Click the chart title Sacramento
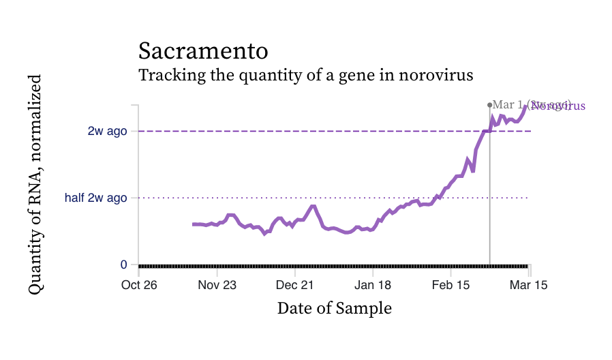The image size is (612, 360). [x=202, y=51]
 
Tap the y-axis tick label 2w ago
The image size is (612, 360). [x=108, y=131]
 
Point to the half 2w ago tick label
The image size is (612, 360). [x=96, y=198]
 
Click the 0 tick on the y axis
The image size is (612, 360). [x=123, y=265]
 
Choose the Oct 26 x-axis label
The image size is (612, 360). [x=140, y=284]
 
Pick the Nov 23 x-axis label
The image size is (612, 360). [x=217, y=284]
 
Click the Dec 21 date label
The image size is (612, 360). [x=296, y=284]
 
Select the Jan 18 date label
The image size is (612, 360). [x=373, y=284]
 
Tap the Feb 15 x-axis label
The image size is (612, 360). [x=451, y=284]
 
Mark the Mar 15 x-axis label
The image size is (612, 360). [x=529, y=284]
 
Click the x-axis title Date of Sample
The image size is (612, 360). [x=334, y=308]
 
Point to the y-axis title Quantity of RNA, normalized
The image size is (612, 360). [x=35, y=184]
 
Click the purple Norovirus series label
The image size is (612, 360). [x=559, y=106]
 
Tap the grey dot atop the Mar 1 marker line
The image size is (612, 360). [x=489, y=105]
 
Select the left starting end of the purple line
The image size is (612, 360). [x=194, y=224]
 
